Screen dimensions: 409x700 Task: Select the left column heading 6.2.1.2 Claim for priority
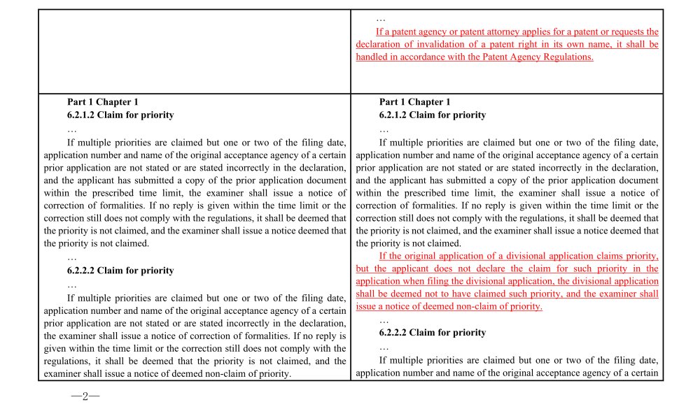120,115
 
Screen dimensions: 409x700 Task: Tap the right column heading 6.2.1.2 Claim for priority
433,115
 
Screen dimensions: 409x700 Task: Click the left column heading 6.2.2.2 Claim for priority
120,271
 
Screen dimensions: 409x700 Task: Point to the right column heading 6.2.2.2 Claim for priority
433,332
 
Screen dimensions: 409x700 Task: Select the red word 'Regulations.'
568,57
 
